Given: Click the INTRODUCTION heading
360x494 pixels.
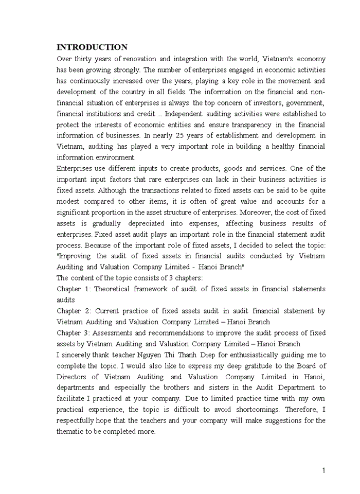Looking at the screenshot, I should (92, 47).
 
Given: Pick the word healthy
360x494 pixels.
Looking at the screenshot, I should (279, 147).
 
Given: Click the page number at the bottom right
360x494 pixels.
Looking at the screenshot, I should (323, 470).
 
